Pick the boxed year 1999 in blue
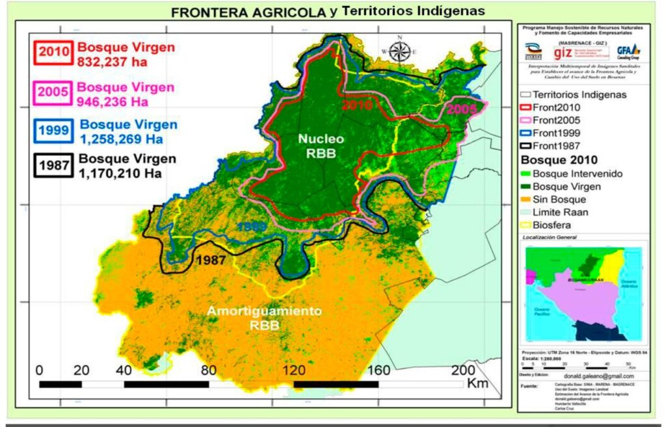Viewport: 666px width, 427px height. coord(55,130)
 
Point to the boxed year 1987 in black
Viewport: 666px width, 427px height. coord(55,165)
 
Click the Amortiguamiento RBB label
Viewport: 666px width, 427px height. coord(264,318)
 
